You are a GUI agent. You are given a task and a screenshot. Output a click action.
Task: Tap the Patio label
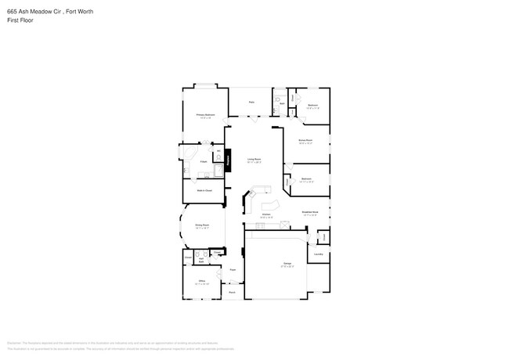click(251, 103)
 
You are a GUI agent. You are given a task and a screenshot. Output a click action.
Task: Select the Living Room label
click(254, 160)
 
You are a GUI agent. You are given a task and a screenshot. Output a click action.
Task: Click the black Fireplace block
click(229, 160)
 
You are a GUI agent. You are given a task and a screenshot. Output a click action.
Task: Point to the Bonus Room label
click(305, 141)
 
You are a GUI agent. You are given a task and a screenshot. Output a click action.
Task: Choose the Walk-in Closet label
click(204, 190)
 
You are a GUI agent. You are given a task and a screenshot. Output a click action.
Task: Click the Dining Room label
click(201, 225)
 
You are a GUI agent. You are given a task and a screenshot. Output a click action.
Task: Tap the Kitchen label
click(266, 214)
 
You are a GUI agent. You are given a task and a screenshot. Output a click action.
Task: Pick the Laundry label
click(319, 254)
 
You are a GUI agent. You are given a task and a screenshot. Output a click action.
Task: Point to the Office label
click(201, 280)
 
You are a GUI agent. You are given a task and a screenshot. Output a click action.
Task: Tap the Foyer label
click(233, 269)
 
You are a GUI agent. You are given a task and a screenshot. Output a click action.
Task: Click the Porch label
click(232, 293)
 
